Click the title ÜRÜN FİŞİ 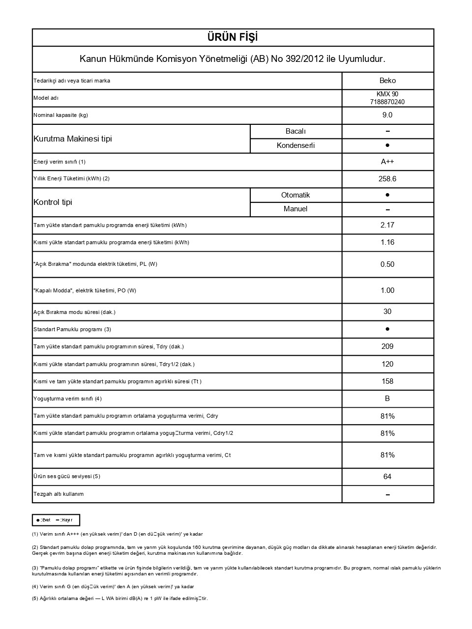pos(233,37)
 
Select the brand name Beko pos(387,81)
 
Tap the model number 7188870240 pos(387,102)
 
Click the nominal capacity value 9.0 pos(387,115)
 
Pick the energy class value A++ pos(387,162)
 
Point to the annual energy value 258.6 pos(387,179)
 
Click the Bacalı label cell pos(295,131)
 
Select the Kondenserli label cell pos(295,145)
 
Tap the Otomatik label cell pos(295,195)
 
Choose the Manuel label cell pos(295,209)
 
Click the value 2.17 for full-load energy pos(387,225)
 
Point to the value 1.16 pos(387,242)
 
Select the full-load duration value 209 pos(387,346)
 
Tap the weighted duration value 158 pos(387,381)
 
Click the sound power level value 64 pos(387,477)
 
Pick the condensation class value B pos(387,399)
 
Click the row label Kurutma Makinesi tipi pos(73,139)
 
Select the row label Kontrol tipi pos(53,202)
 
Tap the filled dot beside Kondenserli pos(387,145)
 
